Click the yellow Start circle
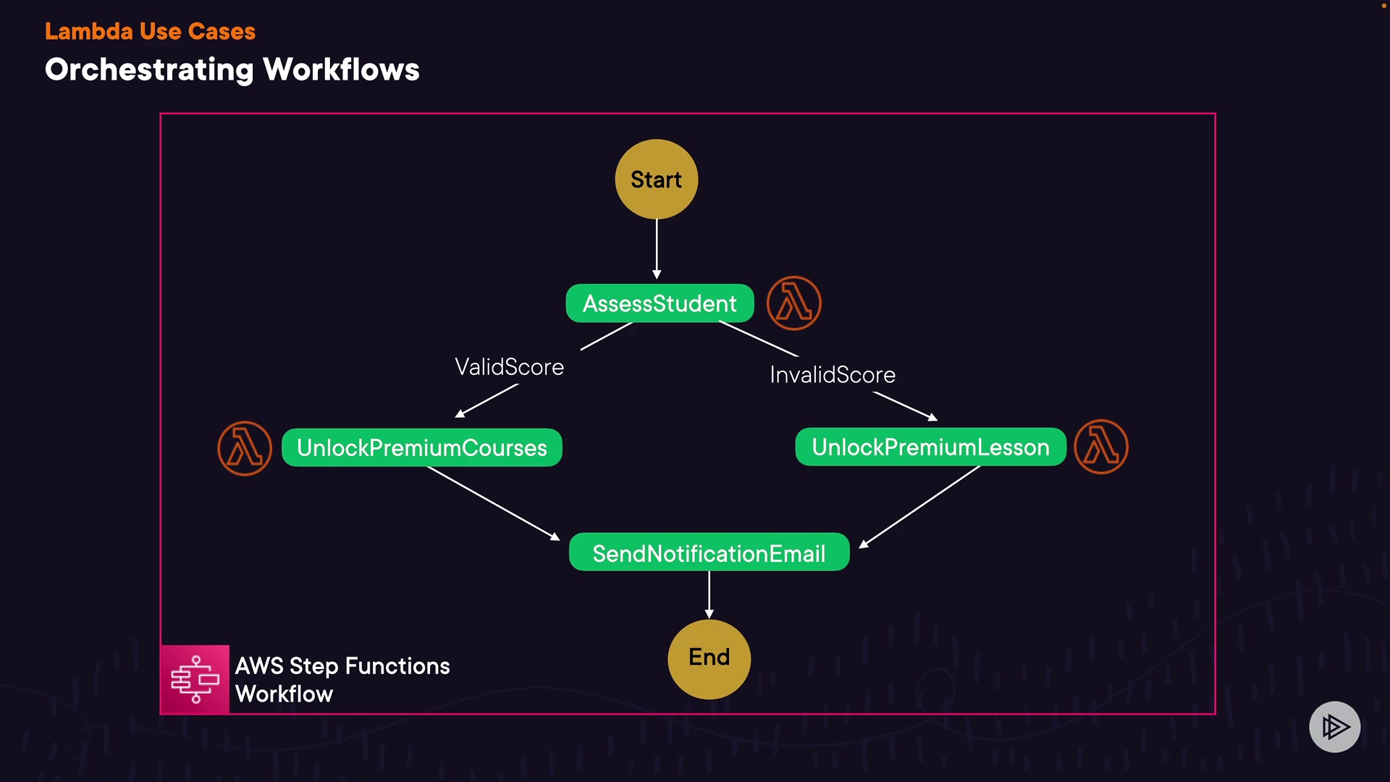click(x=657, y=179)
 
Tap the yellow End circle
click(x=709, y=659)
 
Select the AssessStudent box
click(x=660, y=303)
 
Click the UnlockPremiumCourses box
click(x=422, y=447)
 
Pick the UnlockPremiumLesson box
click(x=930, y=447)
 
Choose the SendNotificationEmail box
click(x=709, y=552)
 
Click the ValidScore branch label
click(x=509, y=367)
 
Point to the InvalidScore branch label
click(x=833, y=374)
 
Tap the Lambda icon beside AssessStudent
click(x=794, y=303)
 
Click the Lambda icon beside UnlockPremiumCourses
click(x=245, y=448)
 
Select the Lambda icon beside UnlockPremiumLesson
click(x=1101, y=447)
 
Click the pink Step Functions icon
click(x=195, y=679)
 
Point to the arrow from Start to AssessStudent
click(x=657, y=249)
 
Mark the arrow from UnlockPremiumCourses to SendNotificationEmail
click(x=494, y=503)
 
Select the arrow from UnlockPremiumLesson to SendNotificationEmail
click(x=919, y=507)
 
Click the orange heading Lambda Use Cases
click(x=150, y=31)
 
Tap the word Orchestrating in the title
click(x=150, y=70)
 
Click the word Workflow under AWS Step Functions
click(x=285, y=694)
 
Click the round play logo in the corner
click(x=1335, y=727)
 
